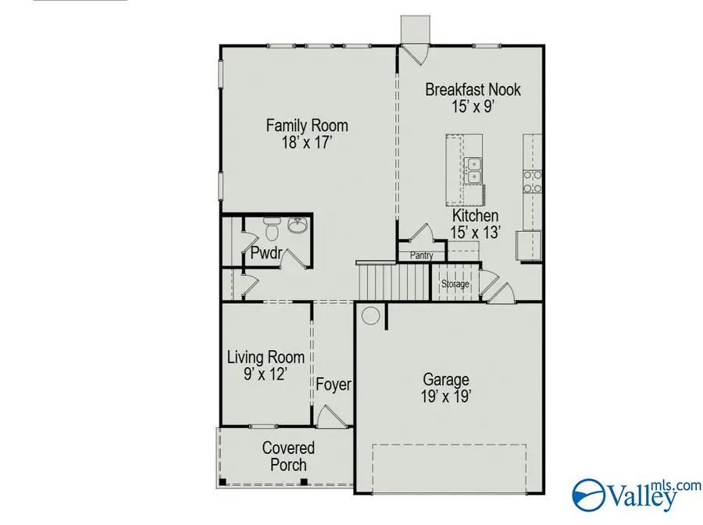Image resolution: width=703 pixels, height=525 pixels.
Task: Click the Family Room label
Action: coord(307,126)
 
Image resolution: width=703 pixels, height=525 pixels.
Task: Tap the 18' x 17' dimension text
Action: coord(307,143)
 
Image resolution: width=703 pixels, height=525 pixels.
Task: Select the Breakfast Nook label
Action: coord(473,90)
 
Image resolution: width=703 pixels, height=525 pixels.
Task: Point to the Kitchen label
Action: coord(475,216)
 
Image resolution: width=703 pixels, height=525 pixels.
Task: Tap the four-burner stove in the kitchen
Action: coord(532,181)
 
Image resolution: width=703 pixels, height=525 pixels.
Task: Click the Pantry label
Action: coord(421,255)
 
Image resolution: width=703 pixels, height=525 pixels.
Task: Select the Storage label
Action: coord(455,284)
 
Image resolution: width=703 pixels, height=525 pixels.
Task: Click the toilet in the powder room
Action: coord(271,230)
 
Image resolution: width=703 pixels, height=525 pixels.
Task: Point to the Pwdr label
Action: coord(266,253)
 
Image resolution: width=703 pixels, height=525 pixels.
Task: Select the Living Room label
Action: coord(260,358)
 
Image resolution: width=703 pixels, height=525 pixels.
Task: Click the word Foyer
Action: coord(334,385)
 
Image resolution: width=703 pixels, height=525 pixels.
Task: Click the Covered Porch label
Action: coord(288,456)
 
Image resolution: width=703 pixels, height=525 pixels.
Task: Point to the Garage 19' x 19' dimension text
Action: coord(447,396)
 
